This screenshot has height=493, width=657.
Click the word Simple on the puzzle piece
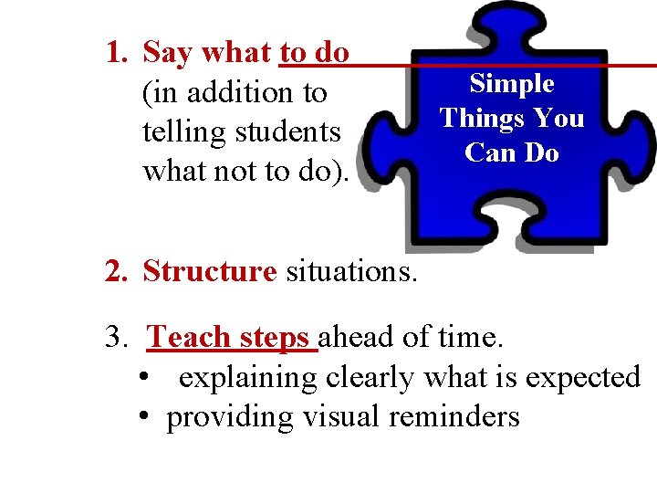point(512,84)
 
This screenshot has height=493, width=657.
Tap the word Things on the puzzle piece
point(476,119)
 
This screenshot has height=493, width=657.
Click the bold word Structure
point(209,271)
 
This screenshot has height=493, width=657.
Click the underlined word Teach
point(189,338)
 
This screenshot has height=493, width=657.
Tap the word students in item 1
point(287,132)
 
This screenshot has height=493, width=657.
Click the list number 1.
point(116,53)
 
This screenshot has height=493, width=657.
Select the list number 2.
point(116,271)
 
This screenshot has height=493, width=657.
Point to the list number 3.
point(116,338)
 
